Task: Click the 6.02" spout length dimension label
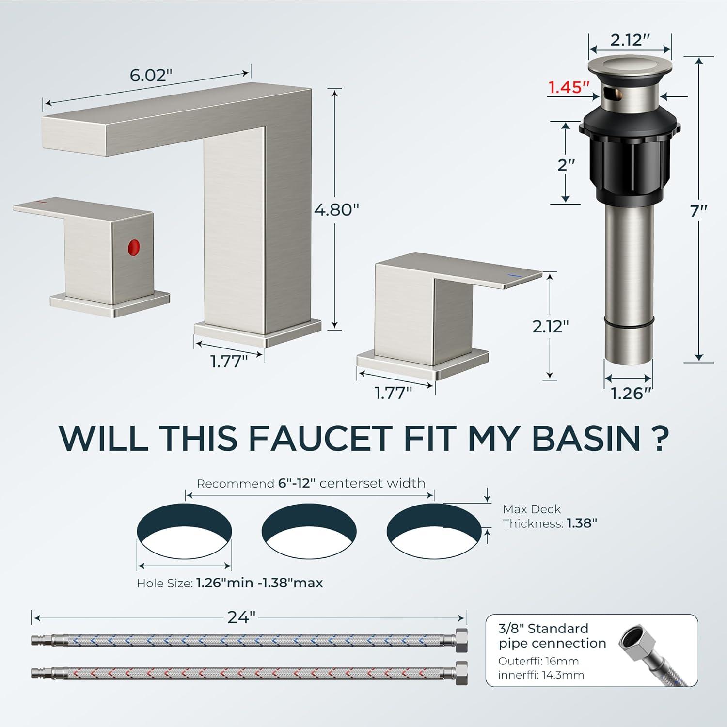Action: (151, 75)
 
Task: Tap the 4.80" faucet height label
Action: (336, 209)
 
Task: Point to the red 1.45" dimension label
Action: (569, 87)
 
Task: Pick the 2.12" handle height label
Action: (551, 326)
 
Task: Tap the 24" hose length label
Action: (241, 617)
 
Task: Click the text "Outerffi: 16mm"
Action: (538, 661)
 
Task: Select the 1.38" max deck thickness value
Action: (582, 523)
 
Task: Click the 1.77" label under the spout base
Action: (229, 362)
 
